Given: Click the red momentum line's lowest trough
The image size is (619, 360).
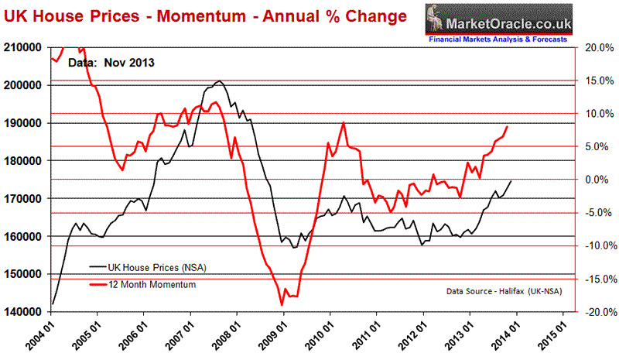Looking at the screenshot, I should click(280, 305).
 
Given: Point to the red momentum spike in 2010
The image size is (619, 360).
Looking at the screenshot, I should click(343, 123).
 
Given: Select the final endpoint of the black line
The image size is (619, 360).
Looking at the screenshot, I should click(511, 180).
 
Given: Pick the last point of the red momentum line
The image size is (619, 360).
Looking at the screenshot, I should click(508, 126).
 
